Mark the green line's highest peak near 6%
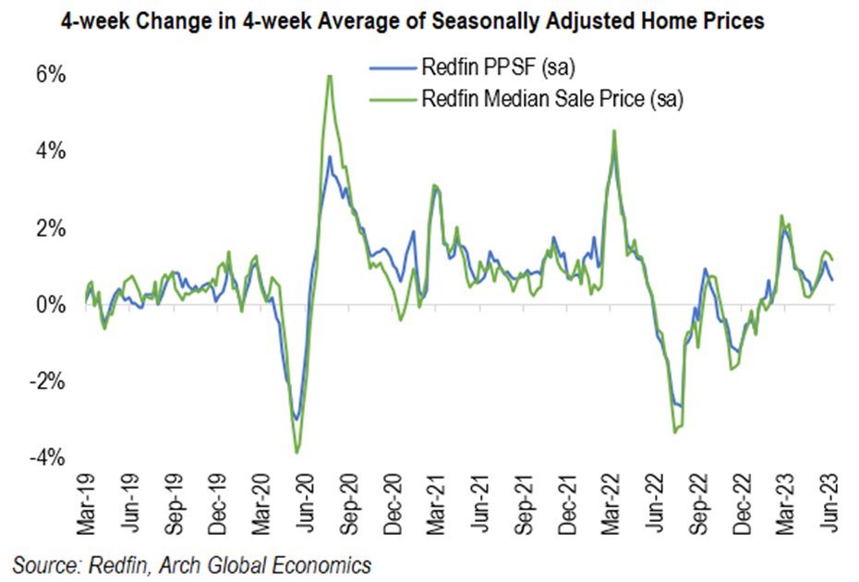click(329, 75)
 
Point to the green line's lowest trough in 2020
click(296, 452)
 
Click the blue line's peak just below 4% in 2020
click(330, 156)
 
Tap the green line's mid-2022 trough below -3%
click(674, 432)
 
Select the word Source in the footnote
click(42, 563)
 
